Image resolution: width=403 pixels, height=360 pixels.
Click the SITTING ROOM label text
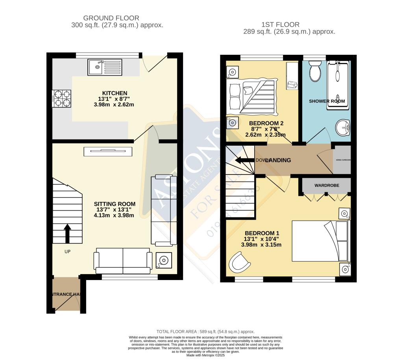coord(115,204)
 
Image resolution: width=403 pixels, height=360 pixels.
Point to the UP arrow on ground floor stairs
coord(67,233)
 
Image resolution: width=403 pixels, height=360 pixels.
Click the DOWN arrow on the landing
coord(245,160)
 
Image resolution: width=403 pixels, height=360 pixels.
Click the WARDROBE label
coord(327,185)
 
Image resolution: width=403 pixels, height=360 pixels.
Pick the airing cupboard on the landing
coord(342,160)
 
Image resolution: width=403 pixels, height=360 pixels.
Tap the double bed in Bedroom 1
coord(320,241)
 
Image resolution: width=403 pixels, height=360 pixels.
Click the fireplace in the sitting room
coord(107,151)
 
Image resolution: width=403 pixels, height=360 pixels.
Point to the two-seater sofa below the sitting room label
coord(123,260)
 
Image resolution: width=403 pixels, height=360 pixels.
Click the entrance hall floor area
coord(66,293)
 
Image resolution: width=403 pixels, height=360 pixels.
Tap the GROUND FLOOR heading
coord(111,18)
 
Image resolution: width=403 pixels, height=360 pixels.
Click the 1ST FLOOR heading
coord(280,24)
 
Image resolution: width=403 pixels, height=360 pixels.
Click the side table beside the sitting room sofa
coord(163,260)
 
